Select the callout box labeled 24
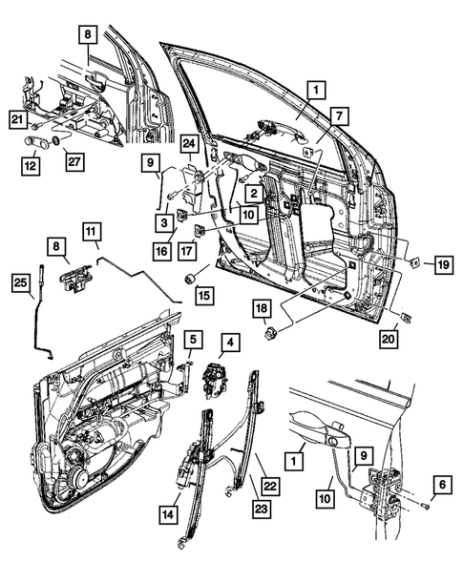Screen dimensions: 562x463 (x=189, y=146)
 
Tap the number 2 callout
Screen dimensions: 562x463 (x=253, y=193)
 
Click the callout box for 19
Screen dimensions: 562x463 (x=441, y=264)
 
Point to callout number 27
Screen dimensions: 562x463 (x=74, y=163)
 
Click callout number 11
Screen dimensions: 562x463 (x=91, y=230)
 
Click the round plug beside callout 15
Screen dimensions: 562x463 (x=189, y=279)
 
